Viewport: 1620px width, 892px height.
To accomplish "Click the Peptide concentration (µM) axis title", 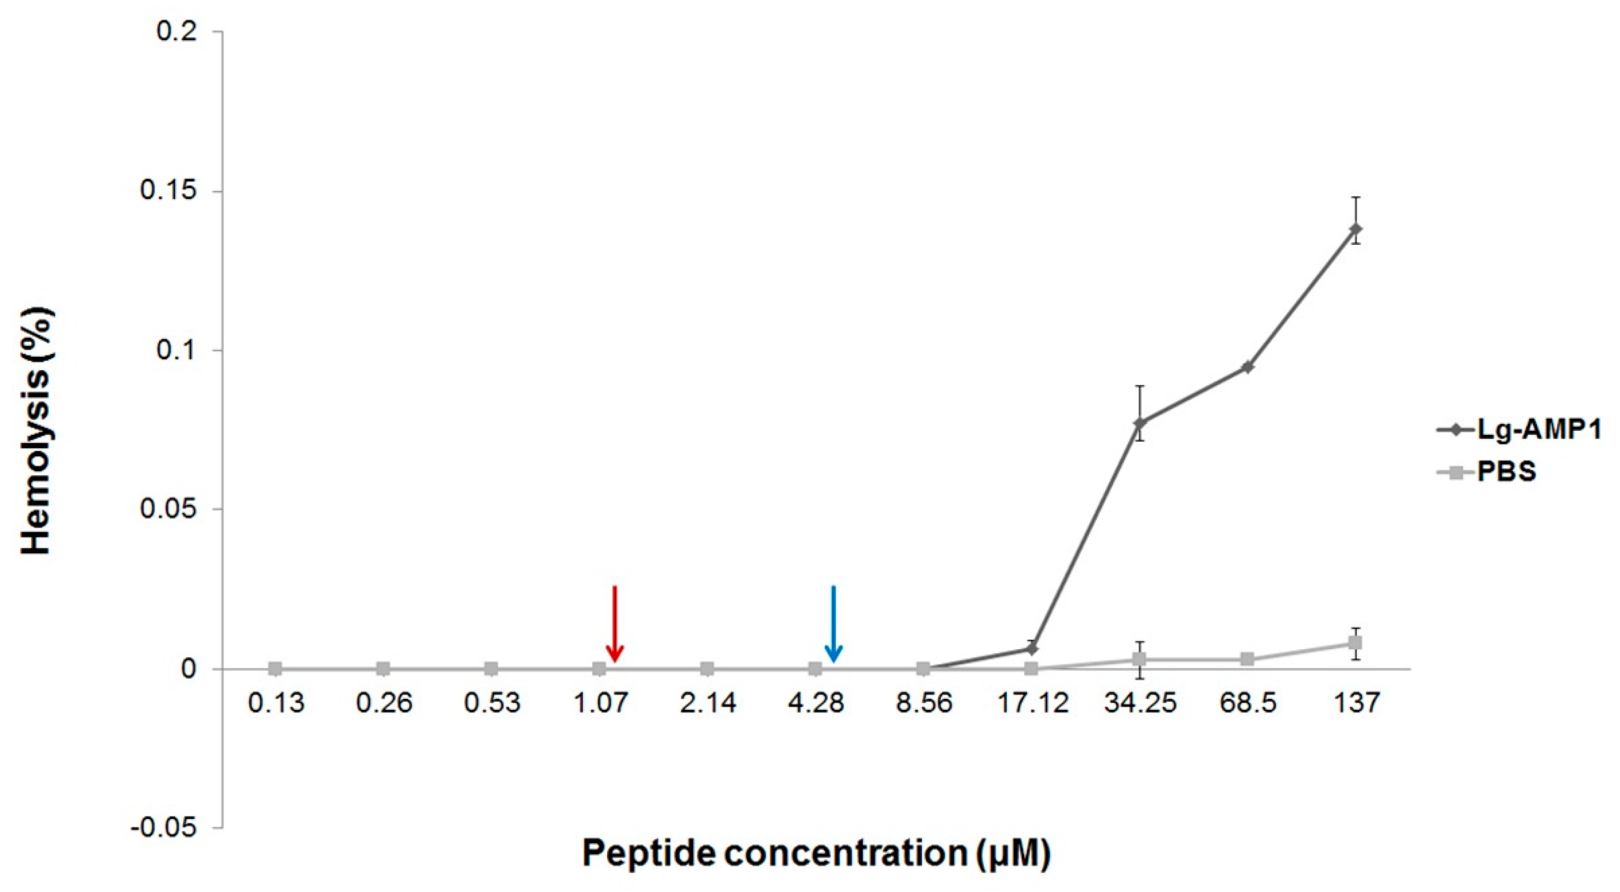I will click(x=815, y=853).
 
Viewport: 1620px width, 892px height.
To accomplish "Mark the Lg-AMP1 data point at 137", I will click(x=1355, y=229).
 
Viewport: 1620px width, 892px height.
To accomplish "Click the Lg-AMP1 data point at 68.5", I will click(x=1248, y=367).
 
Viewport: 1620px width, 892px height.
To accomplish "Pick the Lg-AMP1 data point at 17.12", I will click(x=1032, y=649).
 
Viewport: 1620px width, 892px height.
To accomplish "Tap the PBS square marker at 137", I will click(x=1355, y=643).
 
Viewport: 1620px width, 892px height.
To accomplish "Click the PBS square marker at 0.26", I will click(x=383, y=669).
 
